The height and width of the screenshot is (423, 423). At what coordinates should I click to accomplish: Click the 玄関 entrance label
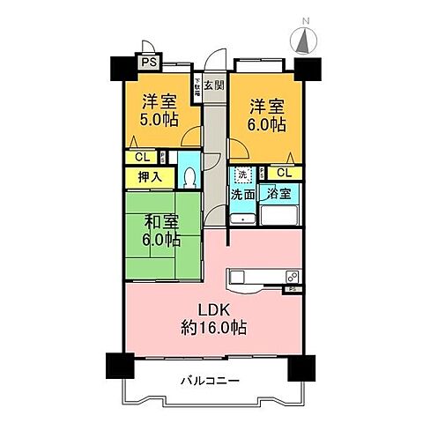pos(213,85)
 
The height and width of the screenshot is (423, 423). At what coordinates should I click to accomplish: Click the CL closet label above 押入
pos(142,158)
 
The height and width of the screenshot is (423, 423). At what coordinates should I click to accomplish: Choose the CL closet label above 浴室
pos(282,173)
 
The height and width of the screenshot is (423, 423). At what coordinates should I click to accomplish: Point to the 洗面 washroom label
pos(243,194)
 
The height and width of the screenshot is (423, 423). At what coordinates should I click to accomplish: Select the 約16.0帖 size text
pos(214,328)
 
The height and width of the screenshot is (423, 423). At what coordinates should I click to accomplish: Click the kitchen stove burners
pos(290,276)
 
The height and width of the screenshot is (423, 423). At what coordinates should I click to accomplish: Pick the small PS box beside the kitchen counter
pos(291,289)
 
